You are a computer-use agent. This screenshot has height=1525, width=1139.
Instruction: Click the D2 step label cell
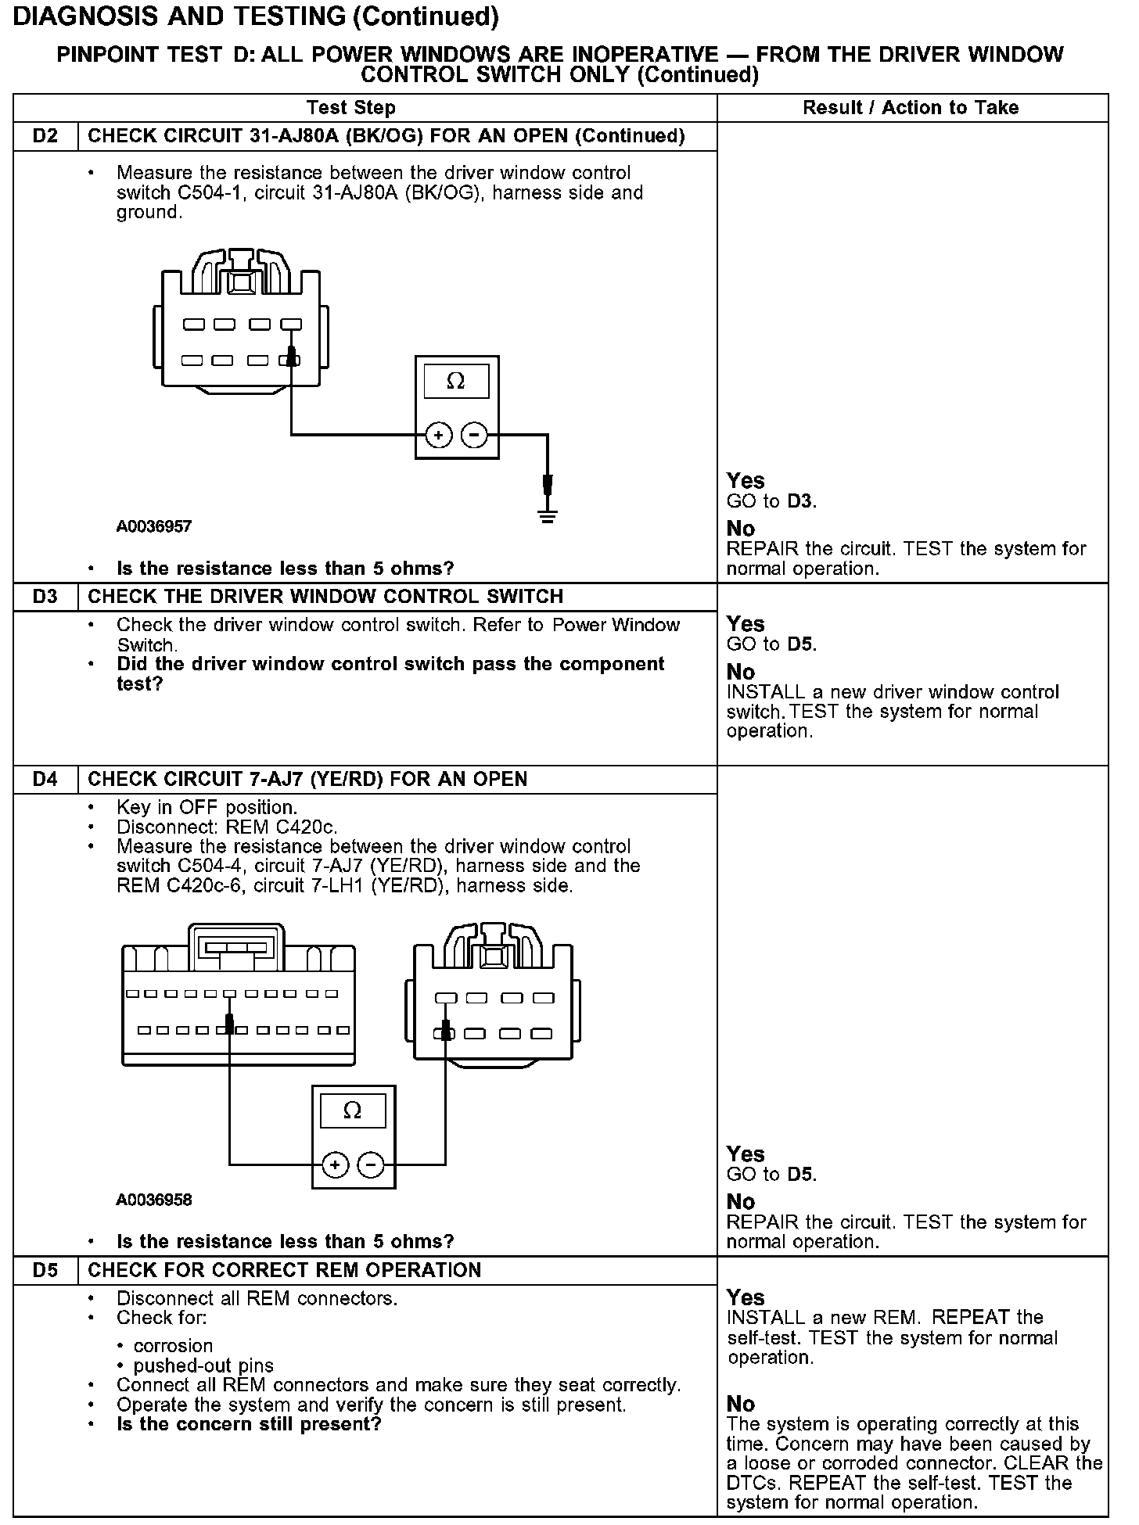click(45, 136)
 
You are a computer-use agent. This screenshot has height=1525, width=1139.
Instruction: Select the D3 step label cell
click(45, 597)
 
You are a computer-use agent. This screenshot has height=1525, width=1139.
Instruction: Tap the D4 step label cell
click(45, 779)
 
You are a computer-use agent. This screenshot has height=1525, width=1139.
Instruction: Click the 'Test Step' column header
click(351, 108)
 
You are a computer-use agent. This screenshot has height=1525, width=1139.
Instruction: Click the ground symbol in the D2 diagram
click(548, 515)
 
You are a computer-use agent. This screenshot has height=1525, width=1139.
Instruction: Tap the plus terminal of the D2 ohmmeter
click(439, 435)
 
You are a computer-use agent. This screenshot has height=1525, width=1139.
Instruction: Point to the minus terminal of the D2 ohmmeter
click(474, 435)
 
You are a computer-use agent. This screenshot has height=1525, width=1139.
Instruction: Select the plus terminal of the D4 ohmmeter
click(336, 1165)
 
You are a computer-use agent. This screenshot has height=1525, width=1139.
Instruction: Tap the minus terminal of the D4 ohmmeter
click(371, 1165)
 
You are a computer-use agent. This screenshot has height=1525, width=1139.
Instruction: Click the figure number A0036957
click(154, 526)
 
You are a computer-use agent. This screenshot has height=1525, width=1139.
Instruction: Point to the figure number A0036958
click(154, 1200)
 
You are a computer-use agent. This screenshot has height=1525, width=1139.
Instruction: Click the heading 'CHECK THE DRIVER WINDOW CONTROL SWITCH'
click(325, 597)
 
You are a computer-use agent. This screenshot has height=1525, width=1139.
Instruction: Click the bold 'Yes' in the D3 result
click(745, 624)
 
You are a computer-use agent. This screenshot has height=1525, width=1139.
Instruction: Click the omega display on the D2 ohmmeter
click(456, 382)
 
